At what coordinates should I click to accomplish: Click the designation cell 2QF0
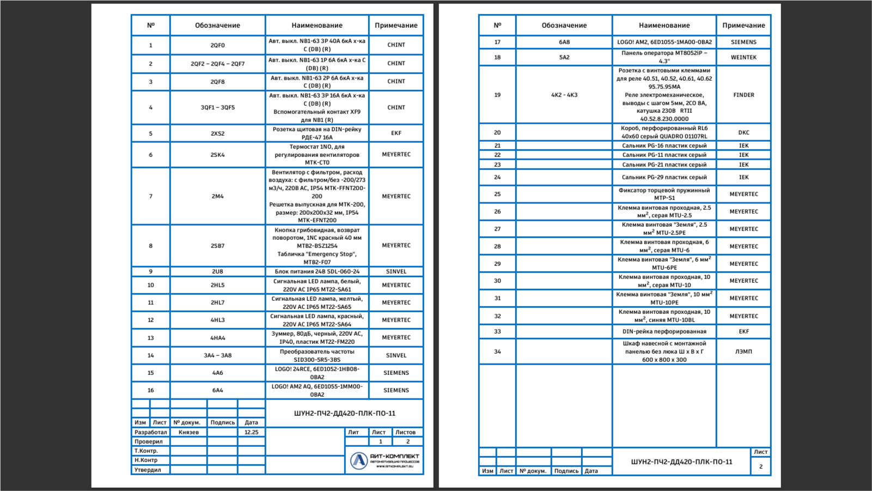[x=217, y=45]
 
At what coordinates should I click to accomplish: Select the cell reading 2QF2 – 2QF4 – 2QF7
[x=217, y=64]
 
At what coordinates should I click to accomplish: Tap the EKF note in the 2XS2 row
[x=396, y=133]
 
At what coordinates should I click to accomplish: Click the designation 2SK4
[x=217, y=155]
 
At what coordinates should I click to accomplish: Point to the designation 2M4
[x=217, y=196]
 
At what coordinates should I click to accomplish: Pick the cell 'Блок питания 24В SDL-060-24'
[x=317, y=271]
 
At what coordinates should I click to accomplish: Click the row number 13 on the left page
[x=151, y=338]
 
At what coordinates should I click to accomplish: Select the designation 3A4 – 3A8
[x=217, y=355]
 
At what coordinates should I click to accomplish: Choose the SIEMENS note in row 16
[x=396, y=390]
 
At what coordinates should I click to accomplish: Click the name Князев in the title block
[x=188, y=432]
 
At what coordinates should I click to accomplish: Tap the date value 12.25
[x=251, y=432]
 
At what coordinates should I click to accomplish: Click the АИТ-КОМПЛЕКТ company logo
[x=385, y=460]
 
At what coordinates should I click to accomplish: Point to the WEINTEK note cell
[x=743, y=57]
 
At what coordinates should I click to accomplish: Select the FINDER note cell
[x=743, y=95]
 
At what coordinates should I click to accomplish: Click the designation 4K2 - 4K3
[x=564, y=95]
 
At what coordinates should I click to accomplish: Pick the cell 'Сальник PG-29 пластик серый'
[x=664, y=177]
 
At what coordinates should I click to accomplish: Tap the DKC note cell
[x=743, y=132]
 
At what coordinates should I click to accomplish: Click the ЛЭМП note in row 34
[x=743, y=351]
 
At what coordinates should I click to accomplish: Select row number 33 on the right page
[x=497, y=331]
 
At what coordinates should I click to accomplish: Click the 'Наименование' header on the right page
[x=664, y=26]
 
